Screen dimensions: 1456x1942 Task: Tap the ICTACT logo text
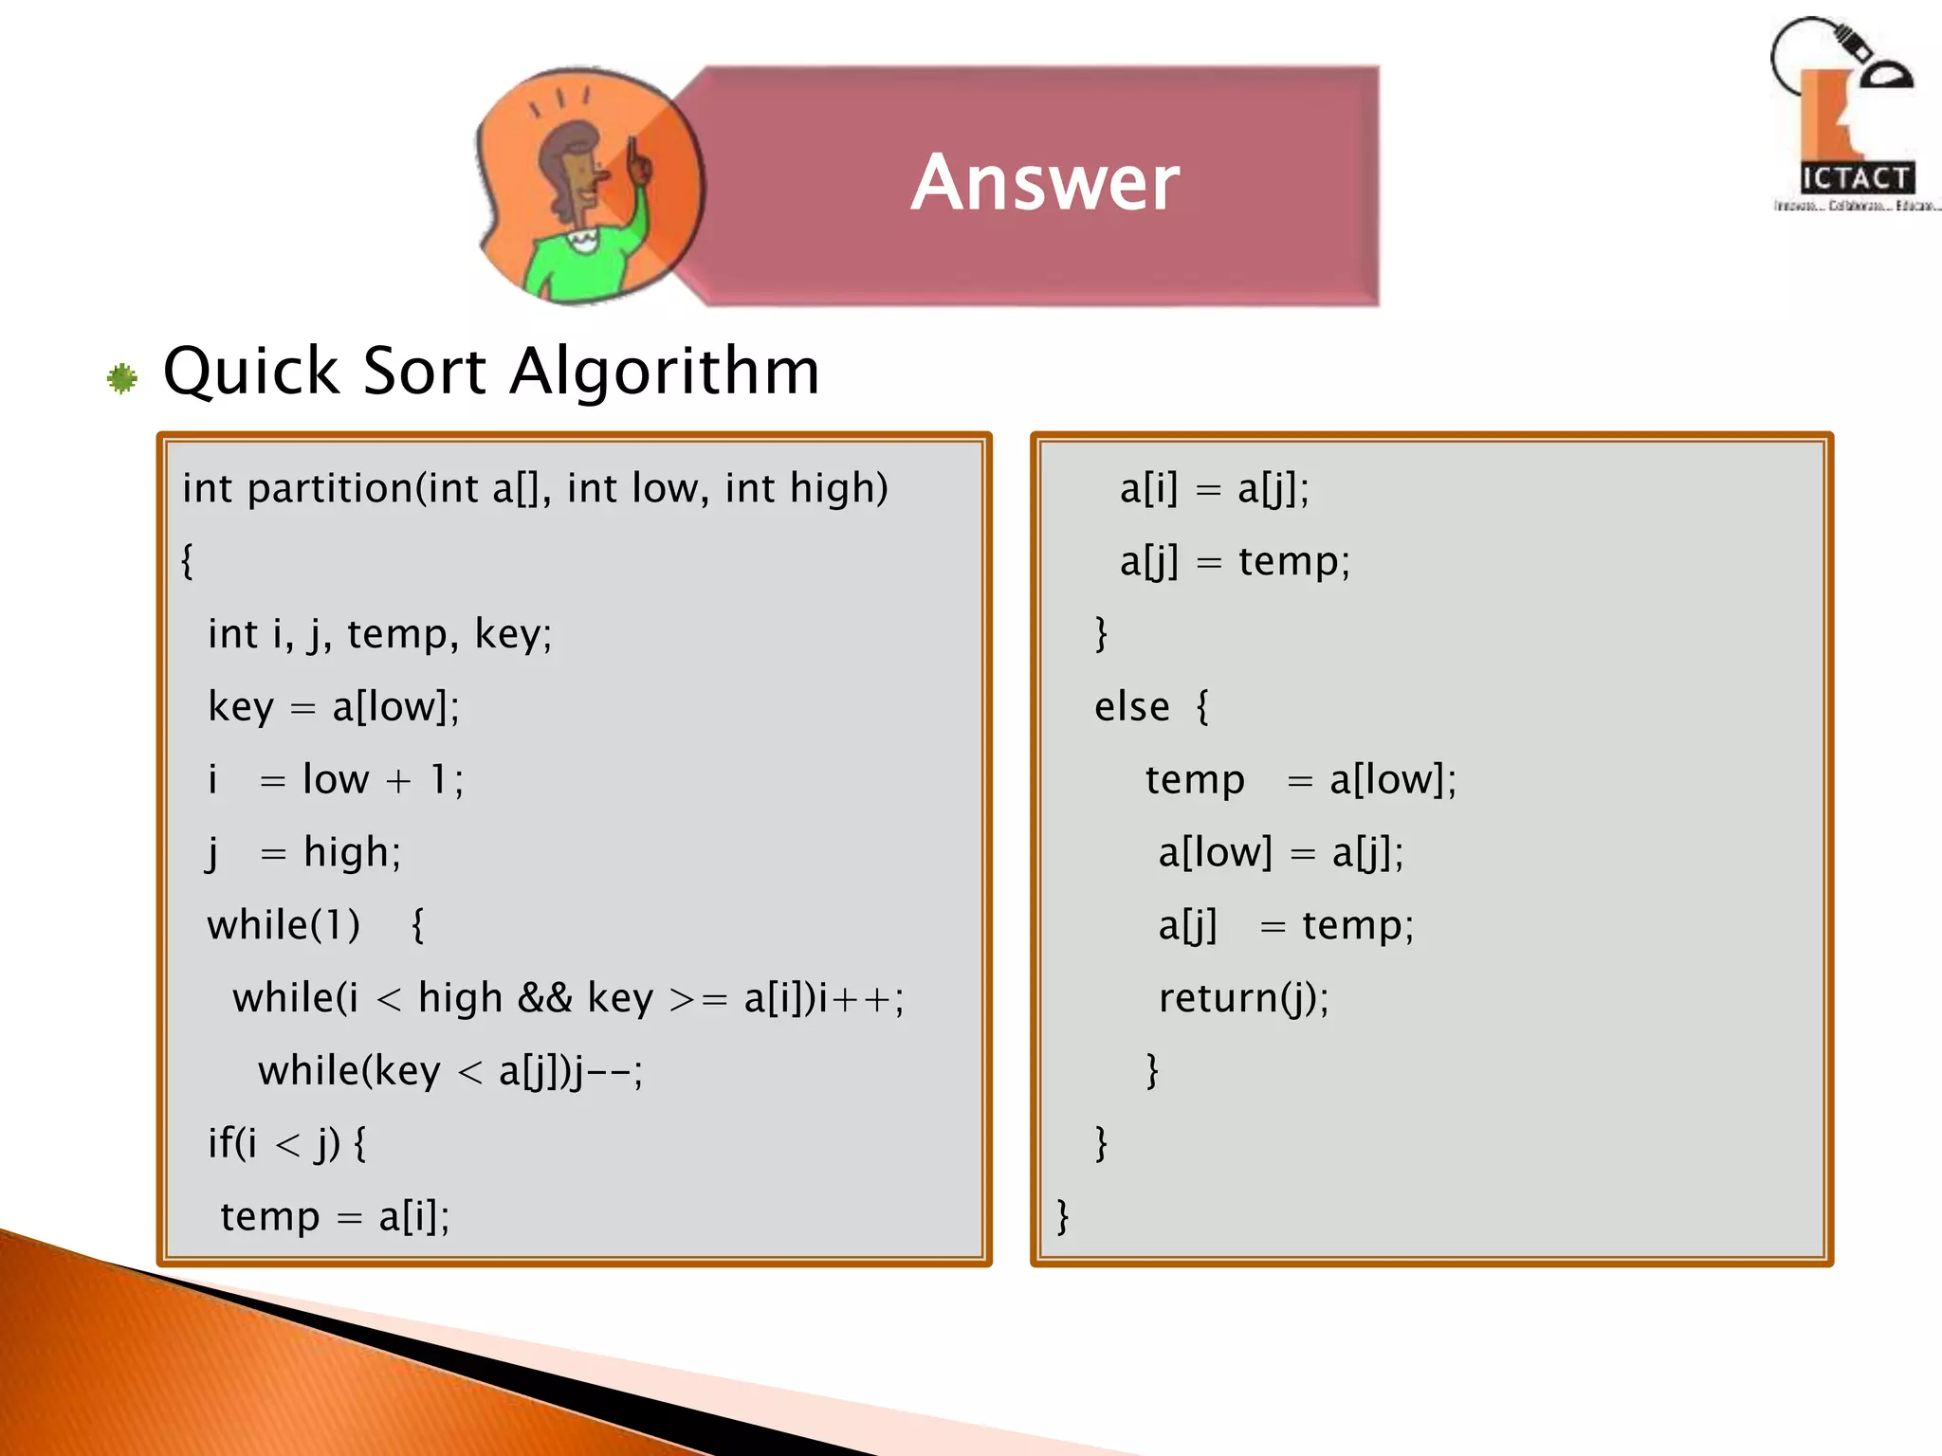click(x=1856, y=178)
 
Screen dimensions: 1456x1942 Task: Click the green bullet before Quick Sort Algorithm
click(x=122, y=379)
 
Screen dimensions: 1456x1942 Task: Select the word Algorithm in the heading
click(x=665, y=371)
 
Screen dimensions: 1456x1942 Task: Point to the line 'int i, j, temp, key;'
click(x=379, y=633)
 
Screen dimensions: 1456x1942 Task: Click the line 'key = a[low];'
click(x=334, y=707)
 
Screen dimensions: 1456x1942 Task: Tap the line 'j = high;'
click(x=303, y=852)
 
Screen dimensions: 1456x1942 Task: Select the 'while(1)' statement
click(x=284, y=925)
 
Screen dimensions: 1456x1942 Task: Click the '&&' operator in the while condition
click(x=545, y=998)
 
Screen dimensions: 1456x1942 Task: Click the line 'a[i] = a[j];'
click(x=1214, y=489)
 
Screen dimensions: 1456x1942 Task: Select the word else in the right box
click(x=1131, y=707)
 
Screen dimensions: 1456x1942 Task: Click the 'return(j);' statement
click(x=1243, y=998)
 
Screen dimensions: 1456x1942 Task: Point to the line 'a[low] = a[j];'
click(x=1280, y=852)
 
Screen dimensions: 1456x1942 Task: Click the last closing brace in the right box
click(x=1063, y=1216)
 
